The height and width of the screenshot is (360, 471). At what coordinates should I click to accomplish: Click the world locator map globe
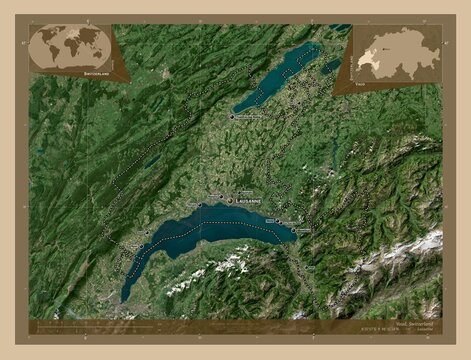point(70,45)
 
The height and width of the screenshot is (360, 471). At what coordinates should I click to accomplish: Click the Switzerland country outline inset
point(395,49)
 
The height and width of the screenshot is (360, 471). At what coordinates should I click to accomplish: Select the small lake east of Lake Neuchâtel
point(331,67)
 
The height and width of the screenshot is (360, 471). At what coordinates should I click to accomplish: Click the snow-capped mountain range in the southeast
point(410,250)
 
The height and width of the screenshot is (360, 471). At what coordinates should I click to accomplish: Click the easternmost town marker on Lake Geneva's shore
point(297,230)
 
